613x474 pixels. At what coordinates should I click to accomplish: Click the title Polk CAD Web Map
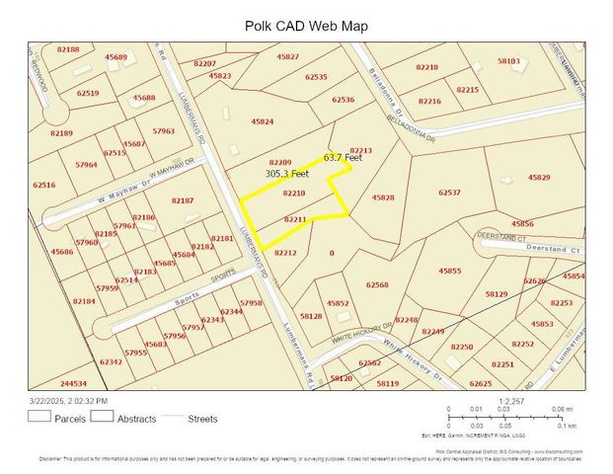(306, 26)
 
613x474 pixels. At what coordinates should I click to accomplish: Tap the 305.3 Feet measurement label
(286, 174)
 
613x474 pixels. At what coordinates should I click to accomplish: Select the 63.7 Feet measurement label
(343, 157)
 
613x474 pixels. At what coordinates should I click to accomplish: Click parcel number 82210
(294, 194)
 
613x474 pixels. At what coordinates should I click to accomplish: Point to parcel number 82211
(295, 218)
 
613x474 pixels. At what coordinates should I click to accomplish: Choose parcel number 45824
(263, 121)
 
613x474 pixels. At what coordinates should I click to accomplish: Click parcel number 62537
(449, 193)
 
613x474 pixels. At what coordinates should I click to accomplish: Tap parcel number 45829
(539, 177)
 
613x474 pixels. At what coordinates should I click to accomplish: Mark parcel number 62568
(377, 284)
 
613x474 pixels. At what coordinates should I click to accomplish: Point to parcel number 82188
(68, 48)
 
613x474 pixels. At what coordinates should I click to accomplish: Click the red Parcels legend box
(38, 418)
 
